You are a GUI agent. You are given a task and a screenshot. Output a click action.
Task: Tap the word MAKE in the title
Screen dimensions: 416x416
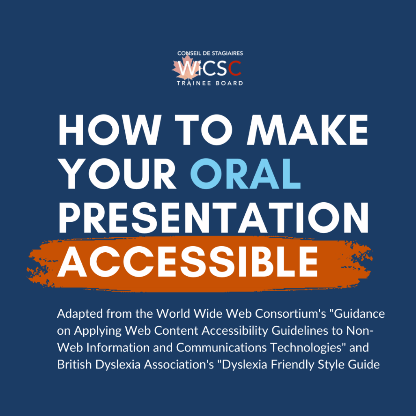pyautogui.click(x=308, y=130)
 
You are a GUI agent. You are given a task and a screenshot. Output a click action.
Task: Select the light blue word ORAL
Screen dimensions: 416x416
pyautogui.click(x=245, y=174)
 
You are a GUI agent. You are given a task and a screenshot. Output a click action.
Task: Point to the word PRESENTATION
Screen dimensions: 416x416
pyautogui.click(x=213, y=218)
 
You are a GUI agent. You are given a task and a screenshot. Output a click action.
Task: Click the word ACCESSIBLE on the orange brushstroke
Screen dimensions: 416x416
pyautogui.click(x=188, y=261)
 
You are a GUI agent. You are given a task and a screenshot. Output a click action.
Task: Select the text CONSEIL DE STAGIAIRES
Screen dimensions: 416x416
pyautogui.click(x=210, y=53)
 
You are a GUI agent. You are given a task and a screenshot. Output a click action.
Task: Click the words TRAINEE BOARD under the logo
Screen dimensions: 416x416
pyautogui.click(x=210, y=83)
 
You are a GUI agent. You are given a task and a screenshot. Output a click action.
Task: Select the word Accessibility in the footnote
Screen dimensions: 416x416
pyautogui.click(x=235, y=331)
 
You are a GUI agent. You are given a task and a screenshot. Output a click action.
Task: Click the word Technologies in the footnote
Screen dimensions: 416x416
pyautogui.click(x=306, y=348)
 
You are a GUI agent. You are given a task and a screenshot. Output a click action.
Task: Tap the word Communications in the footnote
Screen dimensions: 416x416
pyautogui.click(x=221, y=348)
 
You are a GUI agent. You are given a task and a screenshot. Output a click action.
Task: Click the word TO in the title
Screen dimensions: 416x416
pyautogui.click(x=204, y=130)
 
